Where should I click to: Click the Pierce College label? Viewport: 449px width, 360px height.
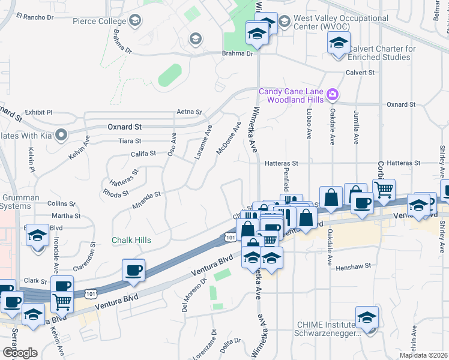pyautogui.click(x=99, y=21)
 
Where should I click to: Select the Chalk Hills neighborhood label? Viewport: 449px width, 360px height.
pyautogui.click(x=131, y=240)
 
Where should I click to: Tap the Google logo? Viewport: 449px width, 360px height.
pyautogui.click(x=19, y=352)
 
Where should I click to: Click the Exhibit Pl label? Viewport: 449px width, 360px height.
pyautogui.click(x=38, y=112)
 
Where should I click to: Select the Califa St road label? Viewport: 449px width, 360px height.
pyautogui.click(x=143, y=154)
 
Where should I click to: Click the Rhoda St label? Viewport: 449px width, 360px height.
pyautogui.click(x=116, y=193)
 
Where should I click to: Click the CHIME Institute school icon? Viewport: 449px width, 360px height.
pyautogui.click(x=367, y=319)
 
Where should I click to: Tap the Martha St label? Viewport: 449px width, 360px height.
pyautogui.click(x=66, y=215)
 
